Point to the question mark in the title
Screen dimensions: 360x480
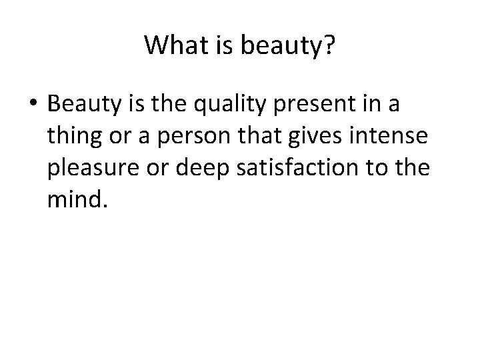(x=329, y=45)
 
